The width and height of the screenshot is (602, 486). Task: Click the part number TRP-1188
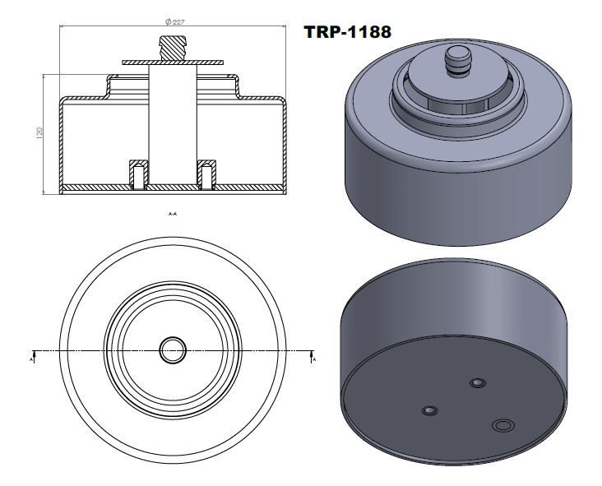[347, 32]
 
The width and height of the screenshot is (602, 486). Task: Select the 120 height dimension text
[39, 133]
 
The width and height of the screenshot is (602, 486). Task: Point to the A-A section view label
[173, 214]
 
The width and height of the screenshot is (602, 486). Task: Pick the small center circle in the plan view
[173, 349]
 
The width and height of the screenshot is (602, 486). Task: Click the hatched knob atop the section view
[173, 48]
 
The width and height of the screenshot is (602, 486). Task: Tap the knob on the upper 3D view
[456, 60]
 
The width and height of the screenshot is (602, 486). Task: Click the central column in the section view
[173, 123]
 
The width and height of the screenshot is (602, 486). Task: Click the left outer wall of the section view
[61, 144]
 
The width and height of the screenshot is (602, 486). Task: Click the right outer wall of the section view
[285, 144]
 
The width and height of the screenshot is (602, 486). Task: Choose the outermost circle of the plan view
[72, 349]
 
